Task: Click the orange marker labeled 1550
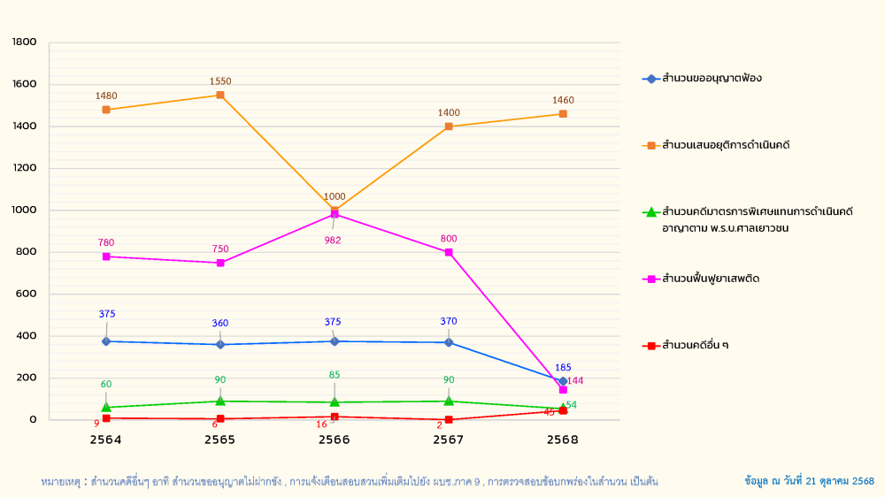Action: pos(220,95)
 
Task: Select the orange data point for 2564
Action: pos(106,110)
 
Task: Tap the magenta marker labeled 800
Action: pos(449,252)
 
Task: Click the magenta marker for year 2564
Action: pos(106,256)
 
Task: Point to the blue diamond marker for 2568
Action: pos(563,381)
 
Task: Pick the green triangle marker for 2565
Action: pos(220,401)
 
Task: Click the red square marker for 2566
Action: pos(335,417)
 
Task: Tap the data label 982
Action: pos(333,240)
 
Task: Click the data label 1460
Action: pos(563,101)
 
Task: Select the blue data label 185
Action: pos(563,367)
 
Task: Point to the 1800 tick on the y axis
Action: pos(25,42)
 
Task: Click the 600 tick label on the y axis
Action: pos(27,294)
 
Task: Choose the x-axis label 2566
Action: pos(335,440)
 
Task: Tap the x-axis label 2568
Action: pos(563,440)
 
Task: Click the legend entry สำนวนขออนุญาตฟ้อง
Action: pos(712,79)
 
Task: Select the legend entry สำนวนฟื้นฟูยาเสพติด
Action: pos(711,279)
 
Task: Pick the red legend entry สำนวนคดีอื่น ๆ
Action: pos(696,345)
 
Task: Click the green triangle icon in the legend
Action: pos(651,212)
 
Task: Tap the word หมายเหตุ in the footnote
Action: pos(60,482)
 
